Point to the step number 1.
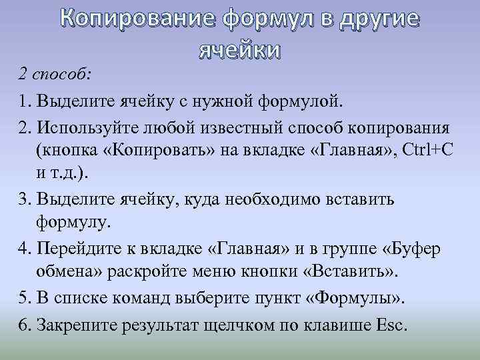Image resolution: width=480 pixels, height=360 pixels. tap(24, 102)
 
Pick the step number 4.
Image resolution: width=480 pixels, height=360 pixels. tap(24, 249)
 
